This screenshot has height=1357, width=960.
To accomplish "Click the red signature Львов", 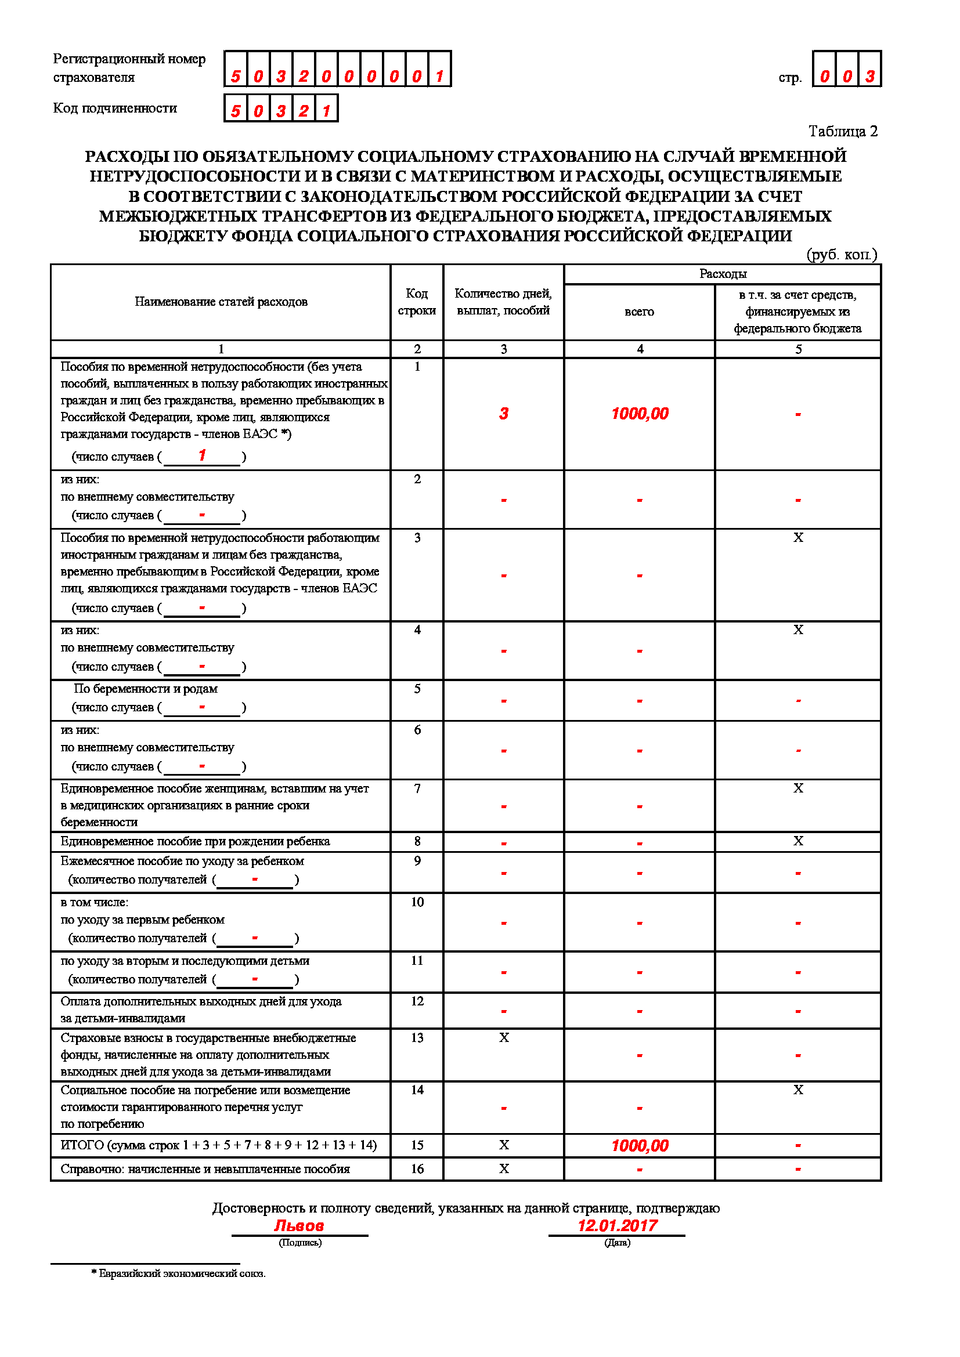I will click(x=299, y=1225).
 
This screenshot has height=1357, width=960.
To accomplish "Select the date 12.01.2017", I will click(x=617, y=1225).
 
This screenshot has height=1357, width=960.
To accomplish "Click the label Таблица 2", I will click(x=842, y=131).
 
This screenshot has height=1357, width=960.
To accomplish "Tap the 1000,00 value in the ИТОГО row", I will click(x=640, y=1145).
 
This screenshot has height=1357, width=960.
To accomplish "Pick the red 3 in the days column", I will click(x=504, y=414).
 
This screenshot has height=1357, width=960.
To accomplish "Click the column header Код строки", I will click(x=417, y=302).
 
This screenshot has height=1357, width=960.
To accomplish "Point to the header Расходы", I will click(x=723, y=274).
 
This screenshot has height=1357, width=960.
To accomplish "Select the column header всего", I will click(x=639, y=312).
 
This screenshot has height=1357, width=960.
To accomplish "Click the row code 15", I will click(x=417, y=1145).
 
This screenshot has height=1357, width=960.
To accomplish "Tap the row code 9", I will click(x=417, y=861).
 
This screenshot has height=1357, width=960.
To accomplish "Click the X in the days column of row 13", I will click(x=504, y=1037).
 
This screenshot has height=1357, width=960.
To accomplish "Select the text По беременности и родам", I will click(x=146, y=689).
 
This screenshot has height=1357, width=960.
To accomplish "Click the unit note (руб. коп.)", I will click(x=841, y=254).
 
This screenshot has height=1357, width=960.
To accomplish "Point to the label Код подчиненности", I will click(x=116, y=108).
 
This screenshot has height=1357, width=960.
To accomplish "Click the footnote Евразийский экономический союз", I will click(x=182, y=1273).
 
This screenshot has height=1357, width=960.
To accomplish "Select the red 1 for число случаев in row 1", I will click(x=202, y=455).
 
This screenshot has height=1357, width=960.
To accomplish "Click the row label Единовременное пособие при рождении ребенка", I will click(x=195, y=841).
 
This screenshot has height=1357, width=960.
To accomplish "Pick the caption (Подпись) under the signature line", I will click(x=299, y=1242).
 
